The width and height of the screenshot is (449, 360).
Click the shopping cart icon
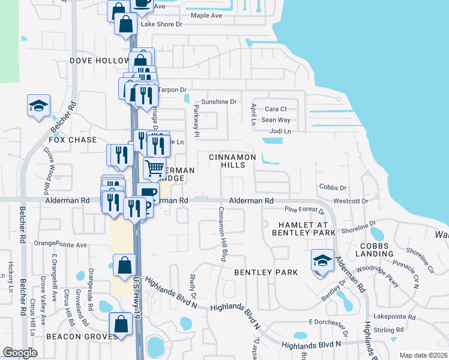[155, 167]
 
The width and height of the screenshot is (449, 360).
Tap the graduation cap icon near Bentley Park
[322, 260]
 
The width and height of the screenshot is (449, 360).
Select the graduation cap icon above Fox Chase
[38, 106]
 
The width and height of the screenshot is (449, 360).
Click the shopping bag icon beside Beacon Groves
[121, 323]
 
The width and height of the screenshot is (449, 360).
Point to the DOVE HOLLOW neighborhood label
[100, 61]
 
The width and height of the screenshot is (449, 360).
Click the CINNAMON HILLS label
[232, 161]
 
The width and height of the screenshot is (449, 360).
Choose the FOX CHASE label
[73, 140]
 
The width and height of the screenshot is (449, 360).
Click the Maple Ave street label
[207, 15]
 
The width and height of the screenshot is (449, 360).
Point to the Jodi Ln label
[280, 131]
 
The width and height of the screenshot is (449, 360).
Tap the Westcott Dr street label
[350, 201]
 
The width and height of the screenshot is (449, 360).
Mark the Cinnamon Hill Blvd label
[221, 235]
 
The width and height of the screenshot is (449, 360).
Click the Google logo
[20, 353]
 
